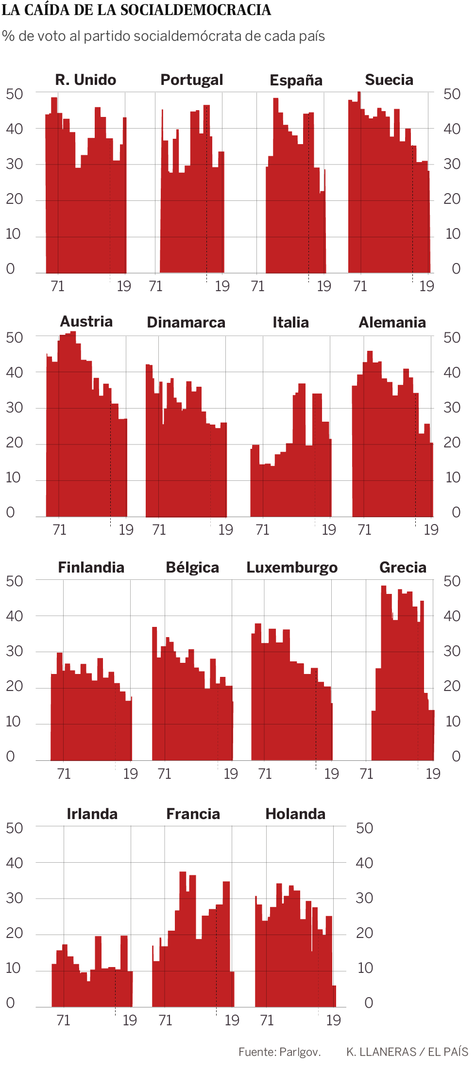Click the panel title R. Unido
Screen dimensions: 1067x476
(85, 80)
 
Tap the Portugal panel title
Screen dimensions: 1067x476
(192, 80)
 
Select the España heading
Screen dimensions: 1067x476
(296, 80)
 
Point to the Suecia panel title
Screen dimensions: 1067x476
(389, 80)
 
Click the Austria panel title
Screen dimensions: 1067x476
(86, 321)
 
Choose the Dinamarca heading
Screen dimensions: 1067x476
(186, 322)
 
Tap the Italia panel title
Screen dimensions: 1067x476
(290, 322)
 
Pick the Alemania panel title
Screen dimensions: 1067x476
(392, 322)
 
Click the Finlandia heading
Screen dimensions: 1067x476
(91, 567)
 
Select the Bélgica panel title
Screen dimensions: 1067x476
(192, 567)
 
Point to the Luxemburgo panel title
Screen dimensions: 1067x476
(292, 567)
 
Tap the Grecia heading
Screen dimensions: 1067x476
(403, 567)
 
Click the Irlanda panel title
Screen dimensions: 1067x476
(92, 814)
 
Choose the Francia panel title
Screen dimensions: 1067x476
(193, 814)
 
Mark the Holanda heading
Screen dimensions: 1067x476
(295, 814)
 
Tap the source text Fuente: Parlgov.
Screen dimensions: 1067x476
(279, 1051)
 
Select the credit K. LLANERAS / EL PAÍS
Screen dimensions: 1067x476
(407, 1051)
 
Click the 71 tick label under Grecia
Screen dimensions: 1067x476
(367, 773)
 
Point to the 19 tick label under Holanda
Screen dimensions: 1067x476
(333, 1020)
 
